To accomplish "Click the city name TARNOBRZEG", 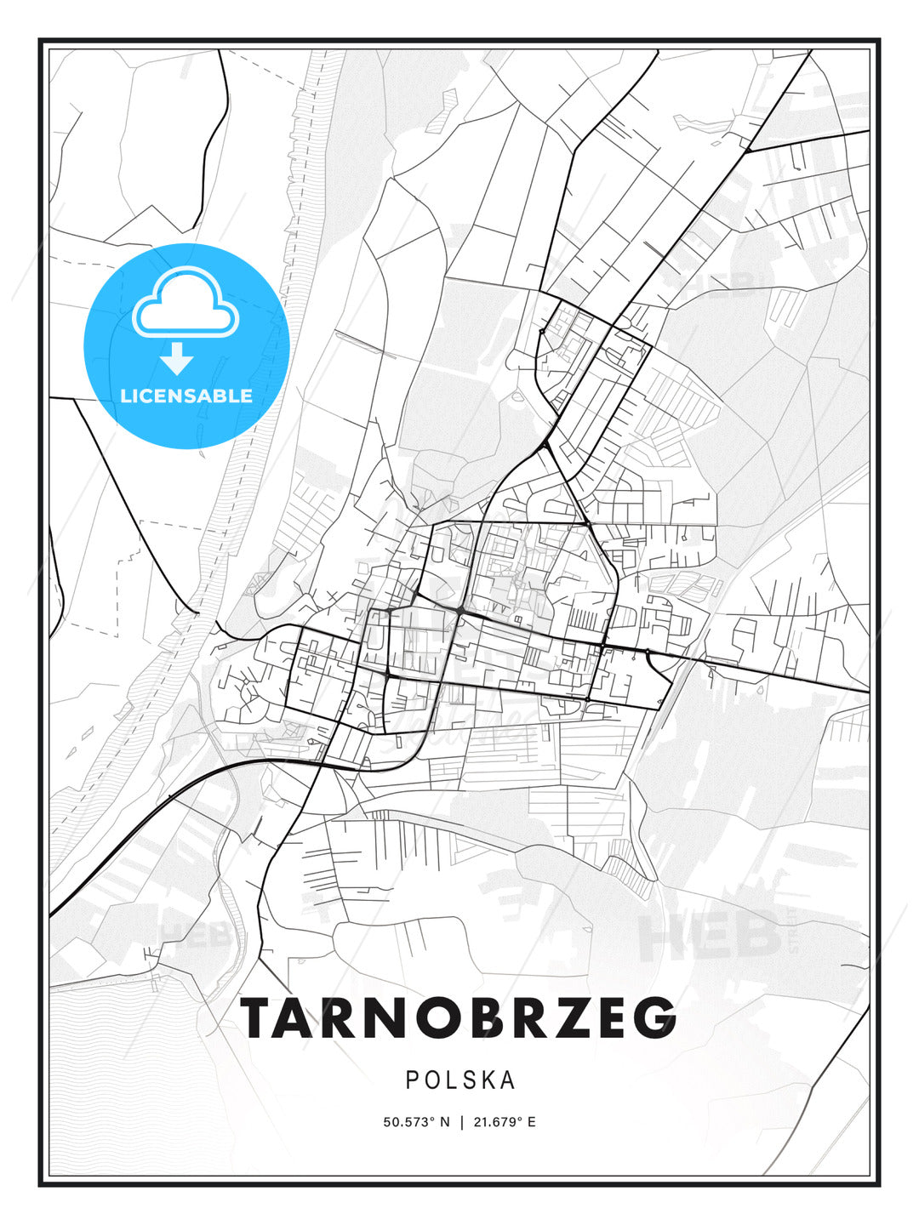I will [x=459, y=1017].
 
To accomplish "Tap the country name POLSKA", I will [x=460, y=1080].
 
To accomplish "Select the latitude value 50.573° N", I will [x=415, y=1122].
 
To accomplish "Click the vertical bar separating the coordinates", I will [x=461, y=1122].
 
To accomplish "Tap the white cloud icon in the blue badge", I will [x=186, y=305].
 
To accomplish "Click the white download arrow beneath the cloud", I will [x=177, y=358].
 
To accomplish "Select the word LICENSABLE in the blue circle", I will [x=186, y=396].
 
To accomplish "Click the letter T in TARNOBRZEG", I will [x=262, y=1017].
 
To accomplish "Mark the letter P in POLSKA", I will [x=412, y=1080].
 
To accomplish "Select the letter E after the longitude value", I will [x=532, y=1122].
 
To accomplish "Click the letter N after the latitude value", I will [x=444, y=1122].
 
